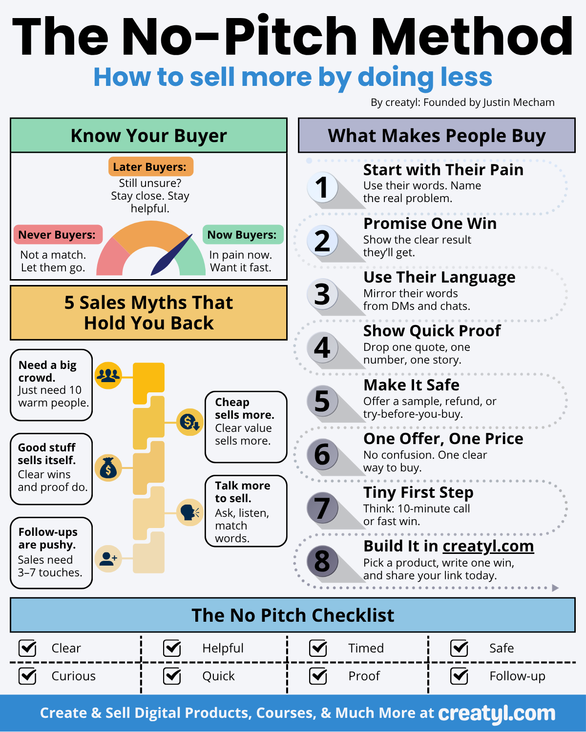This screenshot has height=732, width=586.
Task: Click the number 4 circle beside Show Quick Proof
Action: point(322,347)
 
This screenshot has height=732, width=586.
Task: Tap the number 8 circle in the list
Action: point(322,561)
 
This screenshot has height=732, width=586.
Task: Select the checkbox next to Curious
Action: point(27,676)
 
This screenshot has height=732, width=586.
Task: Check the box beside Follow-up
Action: point(459,676)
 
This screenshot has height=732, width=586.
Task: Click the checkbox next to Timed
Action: point(318,648)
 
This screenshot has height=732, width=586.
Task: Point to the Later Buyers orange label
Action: point(150,167)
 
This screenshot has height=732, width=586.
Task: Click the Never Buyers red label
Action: point(57,235)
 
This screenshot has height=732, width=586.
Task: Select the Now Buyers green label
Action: point(242,235)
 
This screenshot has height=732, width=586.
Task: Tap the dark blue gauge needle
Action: point(170,257)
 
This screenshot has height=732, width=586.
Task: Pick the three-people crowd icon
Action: point(108,375)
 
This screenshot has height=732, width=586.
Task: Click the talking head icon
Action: point(189,512)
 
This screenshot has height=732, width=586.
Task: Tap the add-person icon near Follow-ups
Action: point(108,558)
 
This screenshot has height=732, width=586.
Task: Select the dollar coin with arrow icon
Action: point(189,422)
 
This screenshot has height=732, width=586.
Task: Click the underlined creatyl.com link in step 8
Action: point(488,546)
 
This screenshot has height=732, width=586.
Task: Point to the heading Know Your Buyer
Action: point(149,136)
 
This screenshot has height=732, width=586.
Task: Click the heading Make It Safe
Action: point(411,385)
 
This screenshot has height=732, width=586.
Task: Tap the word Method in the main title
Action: point(472,37)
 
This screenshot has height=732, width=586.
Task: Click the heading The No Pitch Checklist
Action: point(293,615)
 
